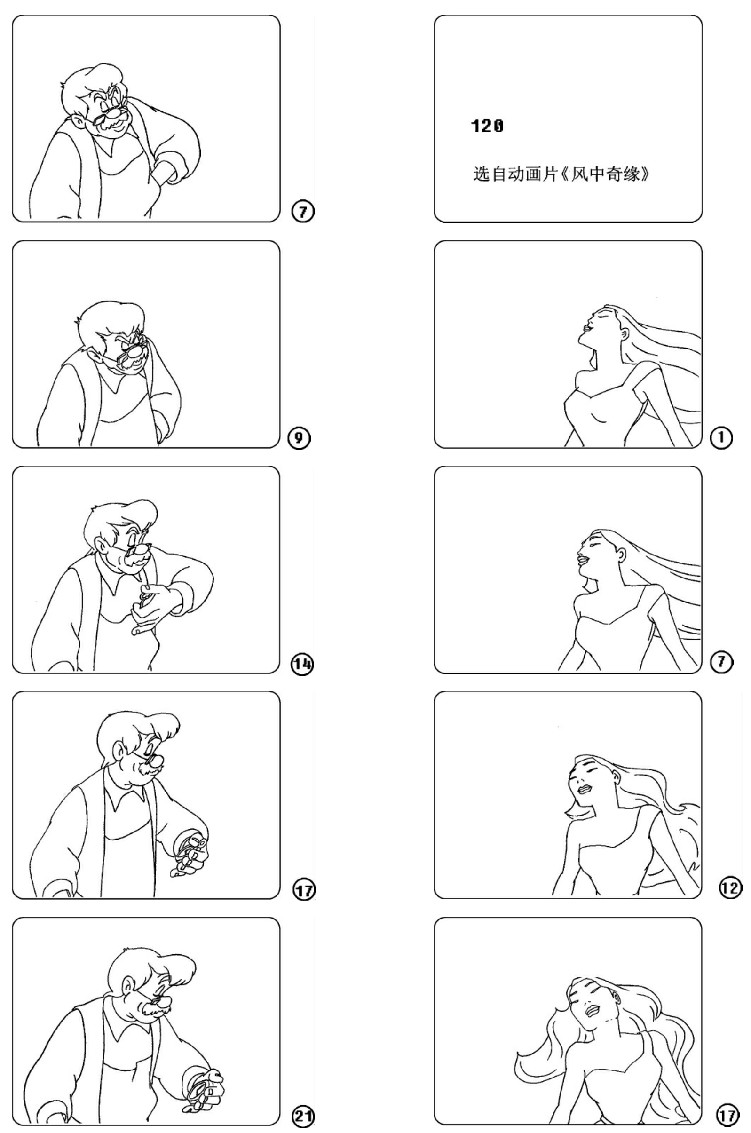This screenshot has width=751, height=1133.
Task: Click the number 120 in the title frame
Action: tap(487, 126)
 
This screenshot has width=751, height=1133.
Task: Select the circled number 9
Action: tap(300, 438)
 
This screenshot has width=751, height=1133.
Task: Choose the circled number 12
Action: tap(730, 888)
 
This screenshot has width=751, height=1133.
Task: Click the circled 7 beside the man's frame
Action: tap(303, 211)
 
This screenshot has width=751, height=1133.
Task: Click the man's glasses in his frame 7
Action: tap(113, 113)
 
